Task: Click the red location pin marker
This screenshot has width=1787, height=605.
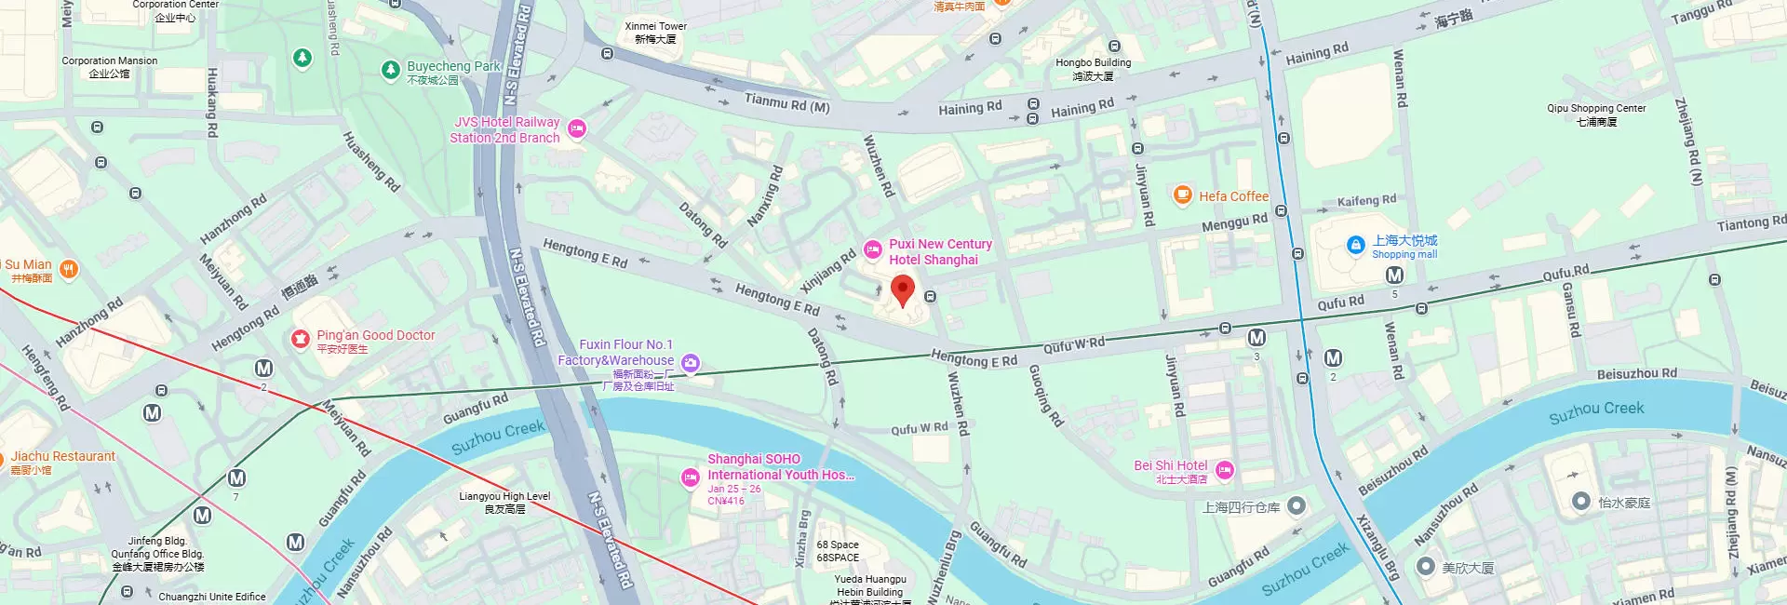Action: click(x=902, y=289)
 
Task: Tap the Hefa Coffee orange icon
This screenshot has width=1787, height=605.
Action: click(x=1182, y=195)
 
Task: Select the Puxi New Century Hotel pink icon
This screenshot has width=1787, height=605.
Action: click(x=872, y=249)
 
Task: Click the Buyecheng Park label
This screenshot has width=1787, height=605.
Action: click(x=453, y=67)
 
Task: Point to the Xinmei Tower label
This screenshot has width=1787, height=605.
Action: click(x=655, y=33)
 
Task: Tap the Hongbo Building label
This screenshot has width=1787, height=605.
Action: click(x=1093, y=69)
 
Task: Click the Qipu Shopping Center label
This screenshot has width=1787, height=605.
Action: click(x=1596, y=114)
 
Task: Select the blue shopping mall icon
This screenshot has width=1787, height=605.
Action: click(x=1356, y=245)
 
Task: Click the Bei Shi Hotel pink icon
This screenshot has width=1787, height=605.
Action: click(x=1225, y=470)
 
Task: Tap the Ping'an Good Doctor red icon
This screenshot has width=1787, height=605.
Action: click(x=300, y=339)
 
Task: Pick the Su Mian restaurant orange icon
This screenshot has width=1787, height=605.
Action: click(x=68, y=270)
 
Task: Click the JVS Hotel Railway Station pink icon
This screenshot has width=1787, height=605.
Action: click(x=577, y=129)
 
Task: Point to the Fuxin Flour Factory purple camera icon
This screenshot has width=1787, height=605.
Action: click(x=691, y=363)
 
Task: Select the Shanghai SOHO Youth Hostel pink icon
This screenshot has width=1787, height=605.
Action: click(x=690, y=477)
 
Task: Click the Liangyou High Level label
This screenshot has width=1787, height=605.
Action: click(x=504, y=503)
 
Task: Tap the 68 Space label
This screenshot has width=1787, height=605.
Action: click(x=838, y=551)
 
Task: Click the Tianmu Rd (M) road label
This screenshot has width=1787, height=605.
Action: click(x=786, y=102)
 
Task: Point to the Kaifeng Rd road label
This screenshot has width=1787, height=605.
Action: click(x=1366, y=200)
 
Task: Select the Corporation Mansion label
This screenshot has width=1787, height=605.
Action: click(x=110, y=67)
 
